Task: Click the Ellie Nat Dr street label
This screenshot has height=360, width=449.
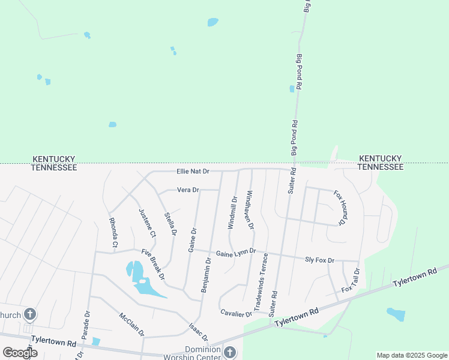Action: [x=193, y=171]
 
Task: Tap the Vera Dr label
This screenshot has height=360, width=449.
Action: [x=188, y=190]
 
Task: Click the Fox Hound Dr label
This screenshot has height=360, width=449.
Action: [x=340, y=208]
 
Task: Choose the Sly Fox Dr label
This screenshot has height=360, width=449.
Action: [x=319, y=260]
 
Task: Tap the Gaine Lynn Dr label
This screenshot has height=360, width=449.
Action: [x=236, y=253]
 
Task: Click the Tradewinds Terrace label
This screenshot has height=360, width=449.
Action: [x=262, y=281]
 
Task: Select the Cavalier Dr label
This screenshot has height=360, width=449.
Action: [x=236, y=313]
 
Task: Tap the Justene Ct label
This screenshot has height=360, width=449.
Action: [x=146, y=223]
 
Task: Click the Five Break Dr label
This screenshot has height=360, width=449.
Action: [x=153, y=265]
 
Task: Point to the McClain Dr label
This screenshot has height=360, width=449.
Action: [x=131, y=324]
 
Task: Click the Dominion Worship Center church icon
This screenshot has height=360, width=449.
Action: [x=230, y=352]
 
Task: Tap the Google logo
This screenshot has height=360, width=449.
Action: [x=20, y=352]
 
